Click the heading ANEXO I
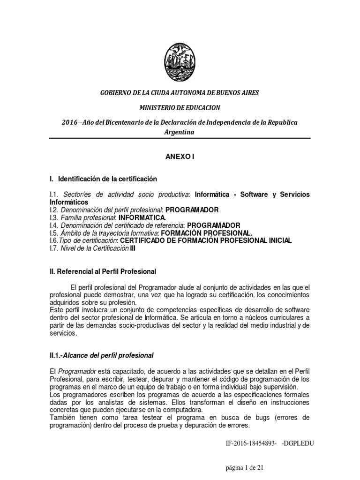coord(180,157)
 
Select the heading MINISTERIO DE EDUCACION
coord(180,107)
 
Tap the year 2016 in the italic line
coord(70,122)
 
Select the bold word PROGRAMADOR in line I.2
coord(193,210)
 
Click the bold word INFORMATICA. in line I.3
coord(142,217)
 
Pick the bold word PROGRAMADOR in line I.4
coord(214,225)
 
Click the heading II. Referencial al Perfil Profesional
coord(103,271)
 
